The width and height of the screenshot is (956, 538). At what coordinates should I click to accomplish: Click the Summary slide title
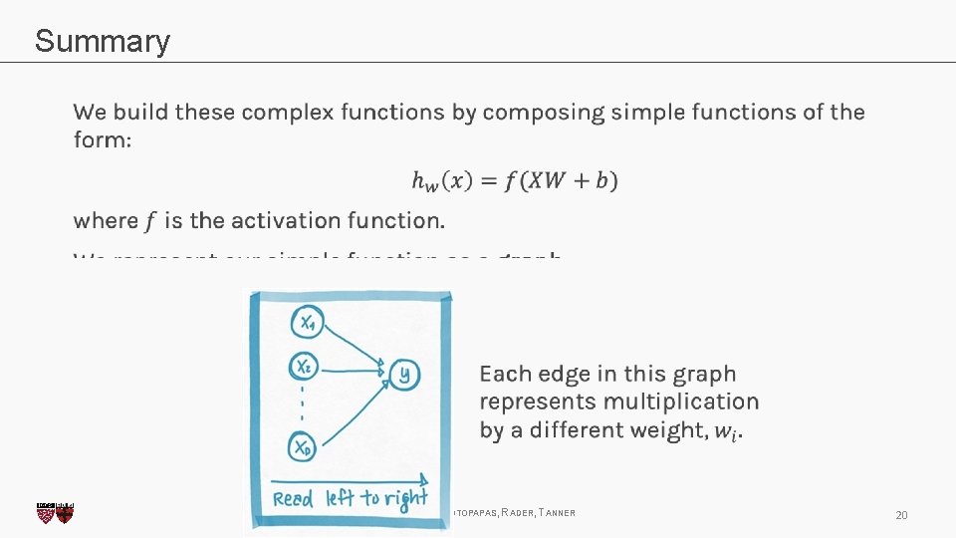coord(102,42)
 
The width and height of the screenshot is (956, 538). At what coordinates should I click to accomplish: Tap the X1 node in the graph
coord(307,321)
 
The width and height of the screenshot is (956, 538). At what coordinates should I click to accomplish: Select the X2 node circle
coord(306,367)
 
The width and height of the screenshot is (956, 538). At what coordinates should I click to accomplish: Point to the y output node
coord(404,375)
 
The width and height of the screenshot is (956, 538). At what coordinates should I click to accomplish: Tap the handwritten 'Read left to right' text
coord(349,497)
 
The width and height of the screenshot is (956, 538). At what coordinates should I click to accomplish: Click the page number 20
coord(901,515)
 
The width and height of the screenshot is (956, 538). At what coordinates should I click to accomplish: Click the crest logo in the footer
coord(55,513)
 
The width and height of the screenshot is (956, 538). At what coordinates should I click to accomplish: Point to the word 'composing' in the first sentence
coord(542,113)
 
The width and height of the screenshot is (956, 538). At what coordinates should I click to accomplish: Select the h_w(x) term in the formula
coord(443,181)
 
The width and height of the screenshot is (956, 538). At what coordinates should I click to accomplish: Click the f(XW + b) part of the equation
coord(561,180)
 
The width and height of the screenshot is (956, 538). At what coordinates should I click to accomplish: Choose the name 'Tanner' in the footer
coord(555,513)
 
